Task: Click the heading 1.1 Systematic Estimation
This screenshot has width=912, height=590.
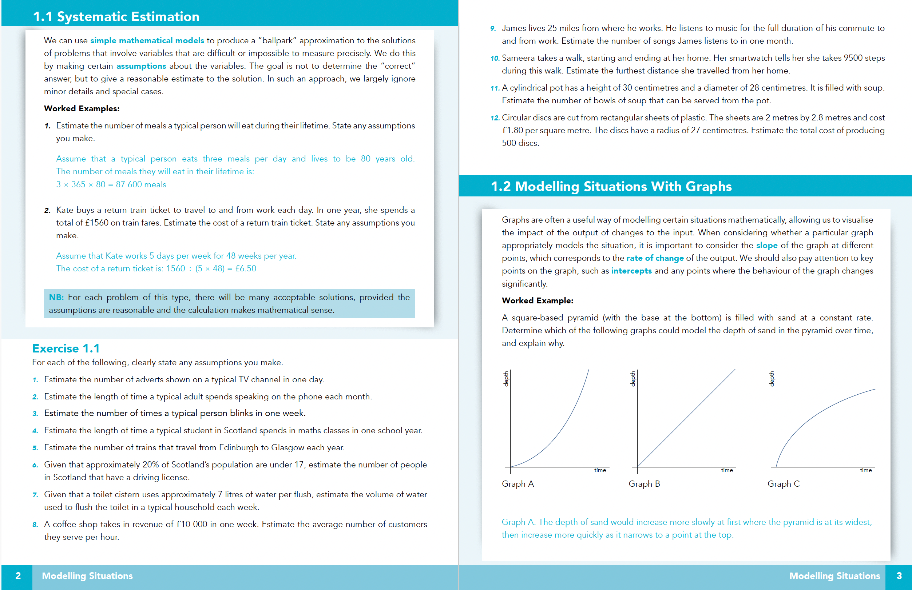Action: coord(116,16)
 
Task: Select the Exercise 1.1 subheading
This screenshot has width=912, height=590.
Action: coord(66,348)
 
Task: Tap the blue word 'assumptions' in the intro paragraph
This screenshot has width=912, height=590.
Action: coord(141,66)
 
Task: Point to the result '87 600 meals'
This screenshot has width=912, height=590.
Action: coord(141,184)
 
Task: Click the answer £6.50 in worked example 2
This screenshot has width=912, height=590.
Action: coord(246,268)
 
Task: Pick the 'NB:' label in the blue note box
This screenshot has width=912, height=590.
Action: coord(56,297)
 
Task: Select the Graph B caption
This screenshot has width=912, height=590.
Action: coord(644,483)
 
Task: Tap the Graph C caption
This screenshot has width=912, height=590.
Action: coord(783,483)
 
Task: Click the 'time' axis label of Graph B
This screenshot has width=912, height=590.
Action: coord(726,470)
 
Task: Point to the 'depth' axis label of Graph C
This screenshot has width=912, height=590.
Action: coord(772,379)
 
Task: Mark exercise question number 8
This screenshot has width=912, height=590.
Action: coord(35,525)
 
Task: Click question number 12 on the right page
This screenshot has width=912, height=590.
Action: coord(495,118)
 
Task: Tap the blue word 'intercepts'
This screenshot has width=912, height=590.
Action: coord(631,271)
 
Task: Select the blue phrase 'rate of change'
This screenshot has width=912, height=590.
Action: coord(654,258)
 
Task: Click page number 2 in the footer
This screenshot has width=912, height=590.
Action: coord(18,576)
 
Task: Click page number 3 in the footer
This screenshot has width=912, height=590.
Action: coord(899,576)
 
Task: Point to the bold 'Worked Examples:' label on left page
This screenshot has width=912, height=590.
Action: coord(82,108)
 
